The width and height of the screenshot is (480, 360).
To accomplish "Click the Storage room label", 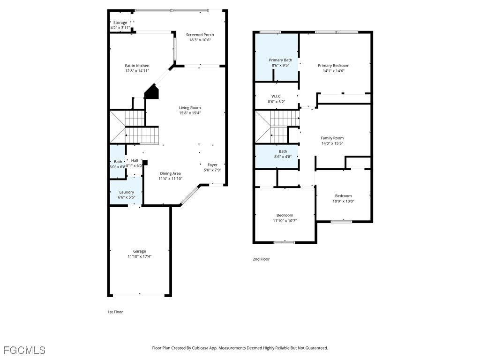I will click(120, 22).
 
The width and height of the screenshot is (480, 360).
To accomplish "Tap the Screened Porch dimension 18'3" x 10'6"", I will click(200, 40).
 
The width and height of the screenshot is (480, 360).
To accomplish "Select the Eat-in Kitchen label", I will click(137, 66).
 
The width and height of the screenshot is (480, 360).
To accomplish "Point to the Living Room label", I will click(190, 108).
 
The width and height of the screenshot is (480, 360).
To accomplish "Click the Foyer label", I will click(212, 165).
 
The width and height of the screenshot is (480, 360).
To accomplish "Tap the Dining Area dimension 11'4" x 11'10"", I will click(170, 179).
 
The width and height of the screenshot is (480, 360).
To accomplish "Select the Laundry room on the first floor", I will click(127, 192).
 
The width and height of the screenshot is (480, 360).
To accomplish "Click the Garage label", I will click(139, 251).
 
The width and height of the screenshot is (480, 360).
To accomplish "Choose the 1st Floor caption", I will click(115, 312).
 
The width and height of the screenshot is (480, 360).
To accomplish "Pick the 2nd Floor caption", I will click(261, 259).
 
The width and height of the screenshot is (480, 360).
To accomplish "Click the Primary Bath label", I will click(280, 60).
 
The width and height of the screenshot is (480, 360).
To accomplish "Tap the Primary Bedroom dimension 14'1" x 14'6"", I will click(333, 71).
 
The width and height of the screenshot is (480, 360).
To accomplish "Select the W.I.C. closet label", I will click(276, 96).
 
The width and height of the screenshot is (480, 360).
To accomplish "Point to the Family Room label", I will click(332, 138).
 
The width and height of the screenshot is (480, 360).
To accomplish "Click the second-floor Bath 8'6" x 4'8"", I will click(283, 154).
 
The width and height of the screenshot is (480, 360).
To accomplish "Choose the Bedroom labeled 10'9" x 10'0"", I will click(343, 198).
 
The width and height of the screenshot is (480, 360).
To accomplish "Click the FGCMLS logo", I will click(25, 350).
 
